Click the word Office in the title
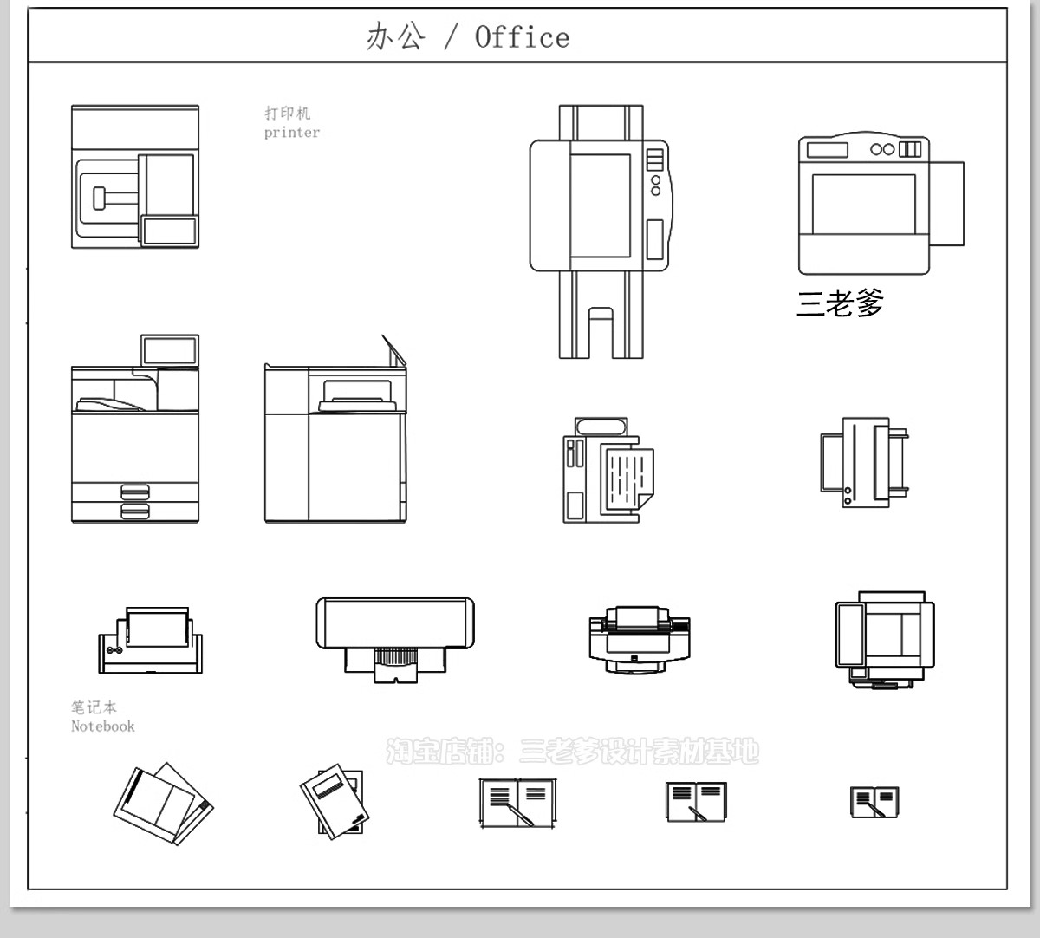[x=522, y=37]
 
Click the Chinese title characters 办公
[x=395, y=36]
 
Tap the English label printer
[x=292, y=133]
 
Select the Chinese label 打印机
[x=287, y=113]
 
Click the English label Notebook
[x=103, y=726]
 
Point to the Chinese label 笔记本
[x=94, y=707]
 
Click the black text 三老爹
[x=840, y=303]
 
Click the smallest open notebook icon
[x=874, y=802]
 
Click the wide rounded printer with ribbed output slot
[x=394, y=637]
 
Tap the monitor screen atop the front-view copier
[x=169, y=350]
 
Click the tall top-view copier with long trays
[x=600, y=231]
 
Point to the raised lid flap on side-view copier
[x=394, y=349]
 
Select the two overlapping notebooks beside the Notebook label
[x=163, y=804]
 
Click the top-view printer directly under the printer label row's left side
[x=135, y=177]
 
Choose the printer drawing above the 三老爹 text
[x=879, y=205]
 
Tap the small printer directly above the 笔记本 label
[x=150, y=641]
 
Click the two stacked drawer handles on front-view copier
[x=135, y=500]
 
